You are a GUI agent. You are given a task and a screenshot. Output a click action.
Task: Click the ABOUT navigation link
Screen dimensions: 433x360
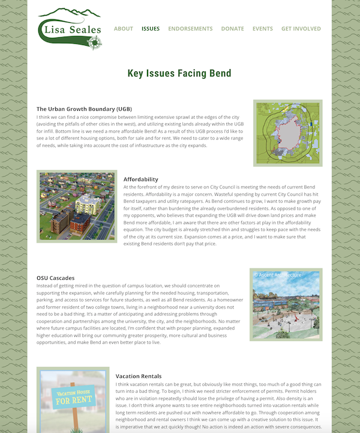pos(124,29)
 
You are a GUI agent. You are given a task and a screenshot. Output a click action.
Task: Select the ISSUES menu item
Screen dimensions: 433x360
pos(151,29)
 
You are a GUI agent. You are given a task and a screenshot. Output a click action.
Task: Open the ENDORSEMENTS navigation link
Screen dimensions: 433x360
pos(190,29)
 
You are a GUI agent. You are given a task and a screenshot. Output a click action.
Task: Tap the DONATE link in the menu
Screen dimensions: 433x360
pos(232,29)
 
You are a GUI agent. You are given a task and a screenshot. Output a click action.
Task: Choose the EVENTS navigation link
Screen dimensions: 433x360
pos(262,29)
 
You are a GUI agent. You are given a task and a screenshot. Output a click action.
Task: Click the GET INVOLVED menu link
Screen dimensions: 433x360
pos(301,29)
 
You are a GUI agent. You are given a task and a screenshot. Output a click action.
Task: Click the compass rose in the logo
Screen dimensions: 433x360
pos(94,42)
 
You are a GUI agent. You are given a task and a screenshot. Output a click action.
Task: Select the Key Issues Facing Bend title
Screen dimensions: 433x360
pos(179,73)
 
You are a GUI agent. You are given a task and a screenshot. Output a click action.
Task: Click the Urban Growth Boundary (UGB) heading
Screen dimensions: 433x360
pos(84,109)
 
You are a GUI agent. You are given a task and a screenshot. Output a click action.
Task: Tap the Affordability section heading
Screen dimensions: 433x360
pos(141,179)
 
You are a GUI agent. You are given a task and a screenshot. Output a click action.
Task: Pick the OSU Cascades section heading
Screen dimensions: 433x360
pos(55,278)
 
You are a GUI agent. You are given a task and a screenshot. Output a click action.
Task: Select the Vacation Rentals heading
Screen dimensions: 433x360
pos(139,376)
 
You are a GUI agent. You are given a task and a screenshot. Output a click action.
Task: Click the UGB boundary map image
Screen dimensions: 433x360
pos(287,132)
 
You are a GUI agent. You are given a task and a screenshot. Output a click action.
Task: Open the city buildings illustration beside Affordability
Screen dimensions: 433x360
pos(77,206)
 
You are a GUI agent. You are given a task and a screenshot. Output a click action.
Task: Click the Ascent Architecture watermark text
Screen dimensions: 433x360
pos(278,275)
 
